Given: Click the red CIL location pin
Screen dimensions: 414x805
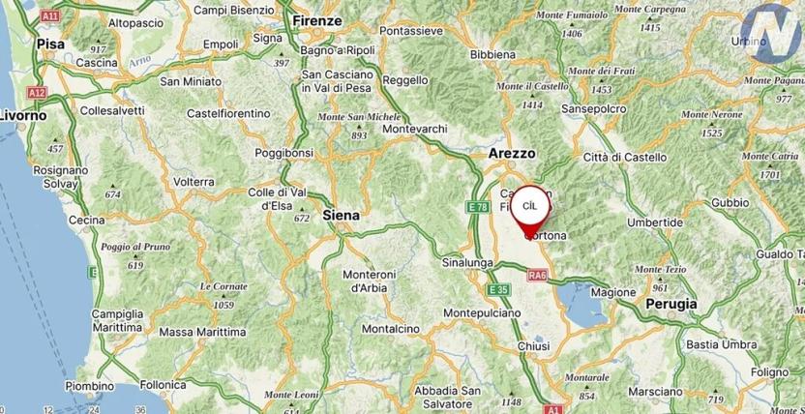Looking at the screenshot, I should tap(529, 207).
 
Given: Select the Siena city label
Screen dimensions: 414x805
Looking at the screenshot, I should tap(340, 215).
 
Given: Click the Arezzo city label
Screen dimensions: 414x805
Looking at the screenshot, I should tap(512, 153).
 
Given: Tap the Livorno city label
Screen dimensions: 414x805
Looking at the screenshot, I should tap(23, 115).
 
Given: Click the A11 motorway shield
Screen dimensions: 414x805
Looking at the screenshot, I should tap(50, 16).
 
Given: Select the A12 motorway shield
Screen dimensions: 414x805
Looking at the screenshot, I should tap(37, 92).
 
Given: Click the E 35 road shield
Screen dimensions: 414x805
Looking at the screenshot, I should tap(497, 289).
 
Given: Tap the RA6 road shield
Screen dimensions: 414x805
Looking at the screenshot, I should tap(538, 275).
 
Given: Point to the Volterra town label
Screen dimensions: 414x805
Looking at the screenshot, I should tap(194, 181).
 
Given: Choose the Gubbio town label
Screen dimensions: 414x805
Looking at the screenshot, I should tap(730, 202).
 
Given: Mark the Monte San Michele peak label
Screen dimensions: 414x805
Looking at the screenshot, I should tap(359, 116).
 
